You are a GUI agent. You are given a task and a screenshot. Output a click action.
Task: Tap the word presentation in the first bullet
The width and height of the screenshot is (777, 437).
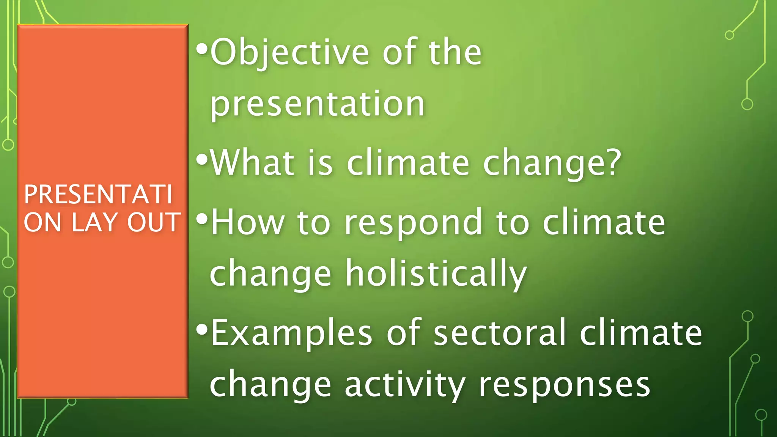point(317,104)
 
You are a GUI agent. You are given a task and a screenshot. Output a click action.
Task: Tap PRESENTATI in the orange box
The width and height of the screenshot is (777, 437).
point(98,194)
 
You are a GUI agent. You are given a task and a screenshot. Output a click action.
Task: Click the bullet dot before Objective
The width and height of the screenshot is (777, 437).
point(202,49)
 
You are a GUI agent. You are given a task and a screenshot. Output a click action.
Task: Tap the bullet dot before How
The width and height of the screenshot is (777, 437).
point(202,219)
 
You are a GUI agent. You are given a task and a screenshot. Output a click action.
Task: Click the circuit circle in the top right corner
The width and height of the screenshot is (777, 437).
point(729,35)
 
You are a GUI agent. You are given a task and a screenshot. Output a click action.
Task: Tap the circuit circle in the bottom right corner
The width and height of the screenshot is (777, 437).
point(761,415)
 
